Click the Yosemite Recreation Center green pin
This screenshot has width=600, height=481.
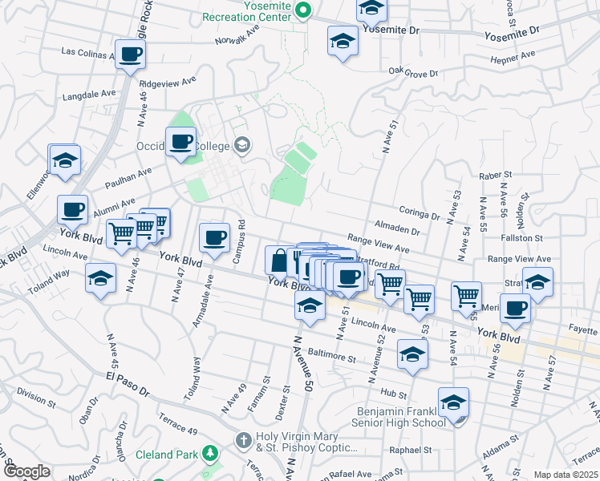coord(303,10)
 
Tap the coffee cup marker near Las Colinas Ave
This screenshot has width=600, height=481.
coord(130,55)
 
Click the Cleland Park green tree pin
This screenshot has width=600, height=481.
coord(211,454)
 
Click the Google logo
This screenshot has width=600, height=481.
coord(27,471)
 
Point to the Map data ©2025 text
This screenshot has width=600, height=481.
coord(565,475)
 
